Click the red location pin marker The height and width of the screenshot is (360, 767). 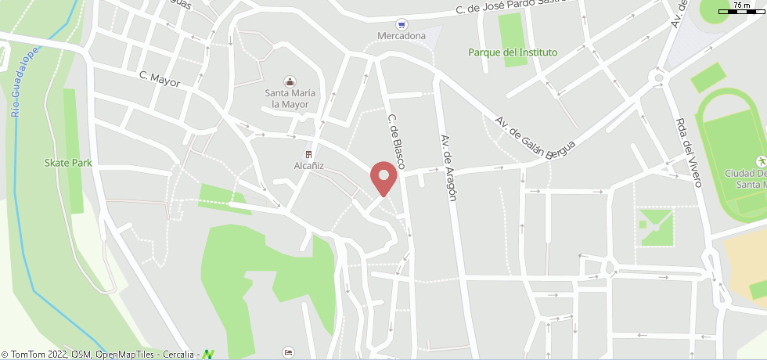point(383,177)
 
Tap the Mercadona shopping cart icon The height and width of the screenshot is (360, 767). point(402,25)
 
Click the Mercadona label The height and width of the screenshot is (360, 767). point(402,36)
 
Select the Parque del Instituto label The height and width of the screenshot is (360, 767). point(513,52)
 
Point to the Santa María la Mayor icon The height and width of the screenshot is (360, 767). point(290,81)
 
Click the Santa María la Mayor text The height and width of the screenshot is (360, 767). point(290,98)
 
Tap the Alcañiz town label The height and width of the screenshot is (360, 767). point(308,166)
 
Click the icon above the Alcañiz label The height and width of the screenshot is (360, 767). point(308,154)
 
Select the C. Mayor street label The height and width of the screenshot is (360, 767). point(160,79)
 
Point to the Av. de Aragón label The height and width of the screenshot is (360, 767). point(448,167)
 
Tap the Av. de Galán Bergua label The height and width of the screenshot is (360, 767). point(535,137)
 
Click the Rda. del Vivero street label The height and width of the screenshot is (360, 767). point(688,153)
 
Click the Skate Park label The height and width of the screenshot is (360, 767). point(68,163)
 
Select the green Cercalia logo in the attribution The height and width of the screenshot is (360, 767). point(208,354)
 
